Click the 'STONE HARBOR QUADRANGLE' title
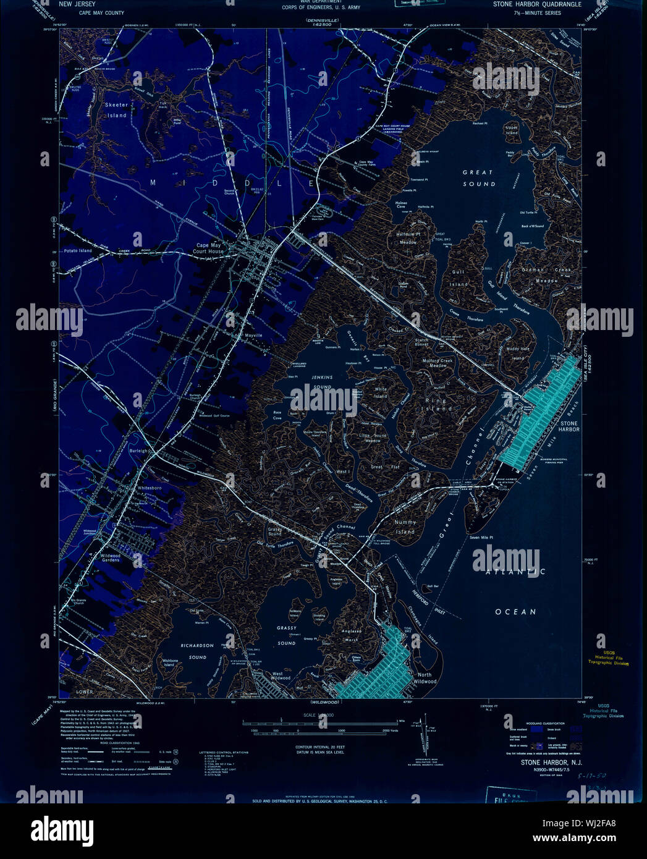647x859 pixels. (537, 4)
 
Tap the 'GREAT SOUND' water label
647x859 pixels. (478, 178)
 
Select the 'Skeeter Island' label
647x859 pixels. (116, 110)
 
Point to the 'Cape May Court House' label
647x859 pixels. (208, 248)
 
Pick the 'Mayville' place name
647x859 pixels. (254, 336)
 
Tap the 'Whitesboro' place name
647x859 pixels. (150, 488)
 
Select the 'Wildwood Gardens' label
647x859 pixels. (111, 557)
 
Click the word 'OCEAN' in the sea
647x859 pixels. (515, 612)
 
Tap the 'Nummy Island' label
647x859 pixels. (405, 527)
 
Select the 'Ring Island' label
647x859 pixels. (438, 404)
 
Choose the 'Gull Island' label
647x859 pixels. (458, 277)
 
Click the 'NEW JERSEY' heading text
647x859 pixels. (77, 4)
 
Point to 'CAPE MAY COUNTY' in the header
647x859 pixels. (101, 13)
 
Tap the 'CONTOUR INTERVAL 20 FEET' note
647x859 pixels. (319, 747)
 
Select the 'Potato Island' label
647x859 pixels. (78, 251)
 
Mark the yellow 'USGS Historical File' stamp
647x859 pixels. (608, 659)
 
